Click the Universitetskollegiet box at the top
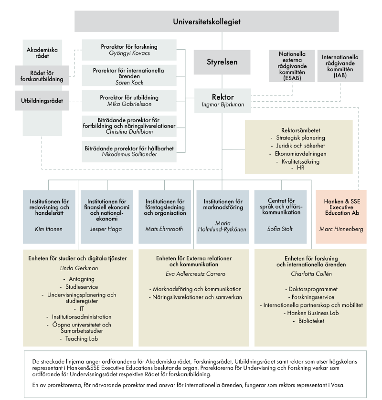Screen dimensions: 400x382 [x=206, y=22]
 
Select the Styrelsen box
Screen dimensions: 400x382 [x=222, y=62]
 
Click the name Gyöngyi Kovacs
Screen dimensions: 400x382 [x=129, y=53]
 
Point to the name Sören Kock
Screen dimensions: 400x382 [x=129, y=82]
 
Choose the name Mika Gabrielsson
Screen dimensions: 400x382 [x=129, y=104]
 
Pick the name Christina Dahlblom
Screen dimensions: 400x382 [x=129, y=131]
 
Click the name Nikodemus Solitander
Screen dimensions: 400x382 [x=129, y=154]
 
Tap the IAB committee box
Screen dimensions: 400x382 [x=340, y=66]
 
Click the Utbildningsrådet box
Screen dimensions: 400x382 [x=42, y=101]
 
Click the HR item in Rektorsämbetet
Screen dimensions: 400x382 [x=300, y=168]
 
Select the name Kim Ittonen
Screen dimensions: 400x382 [x=49, y=229]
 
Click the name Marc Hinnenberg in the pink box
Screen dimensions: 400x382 [x=341, y=229]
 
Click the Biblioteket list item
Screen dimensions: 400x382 [x=311, y=321]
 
